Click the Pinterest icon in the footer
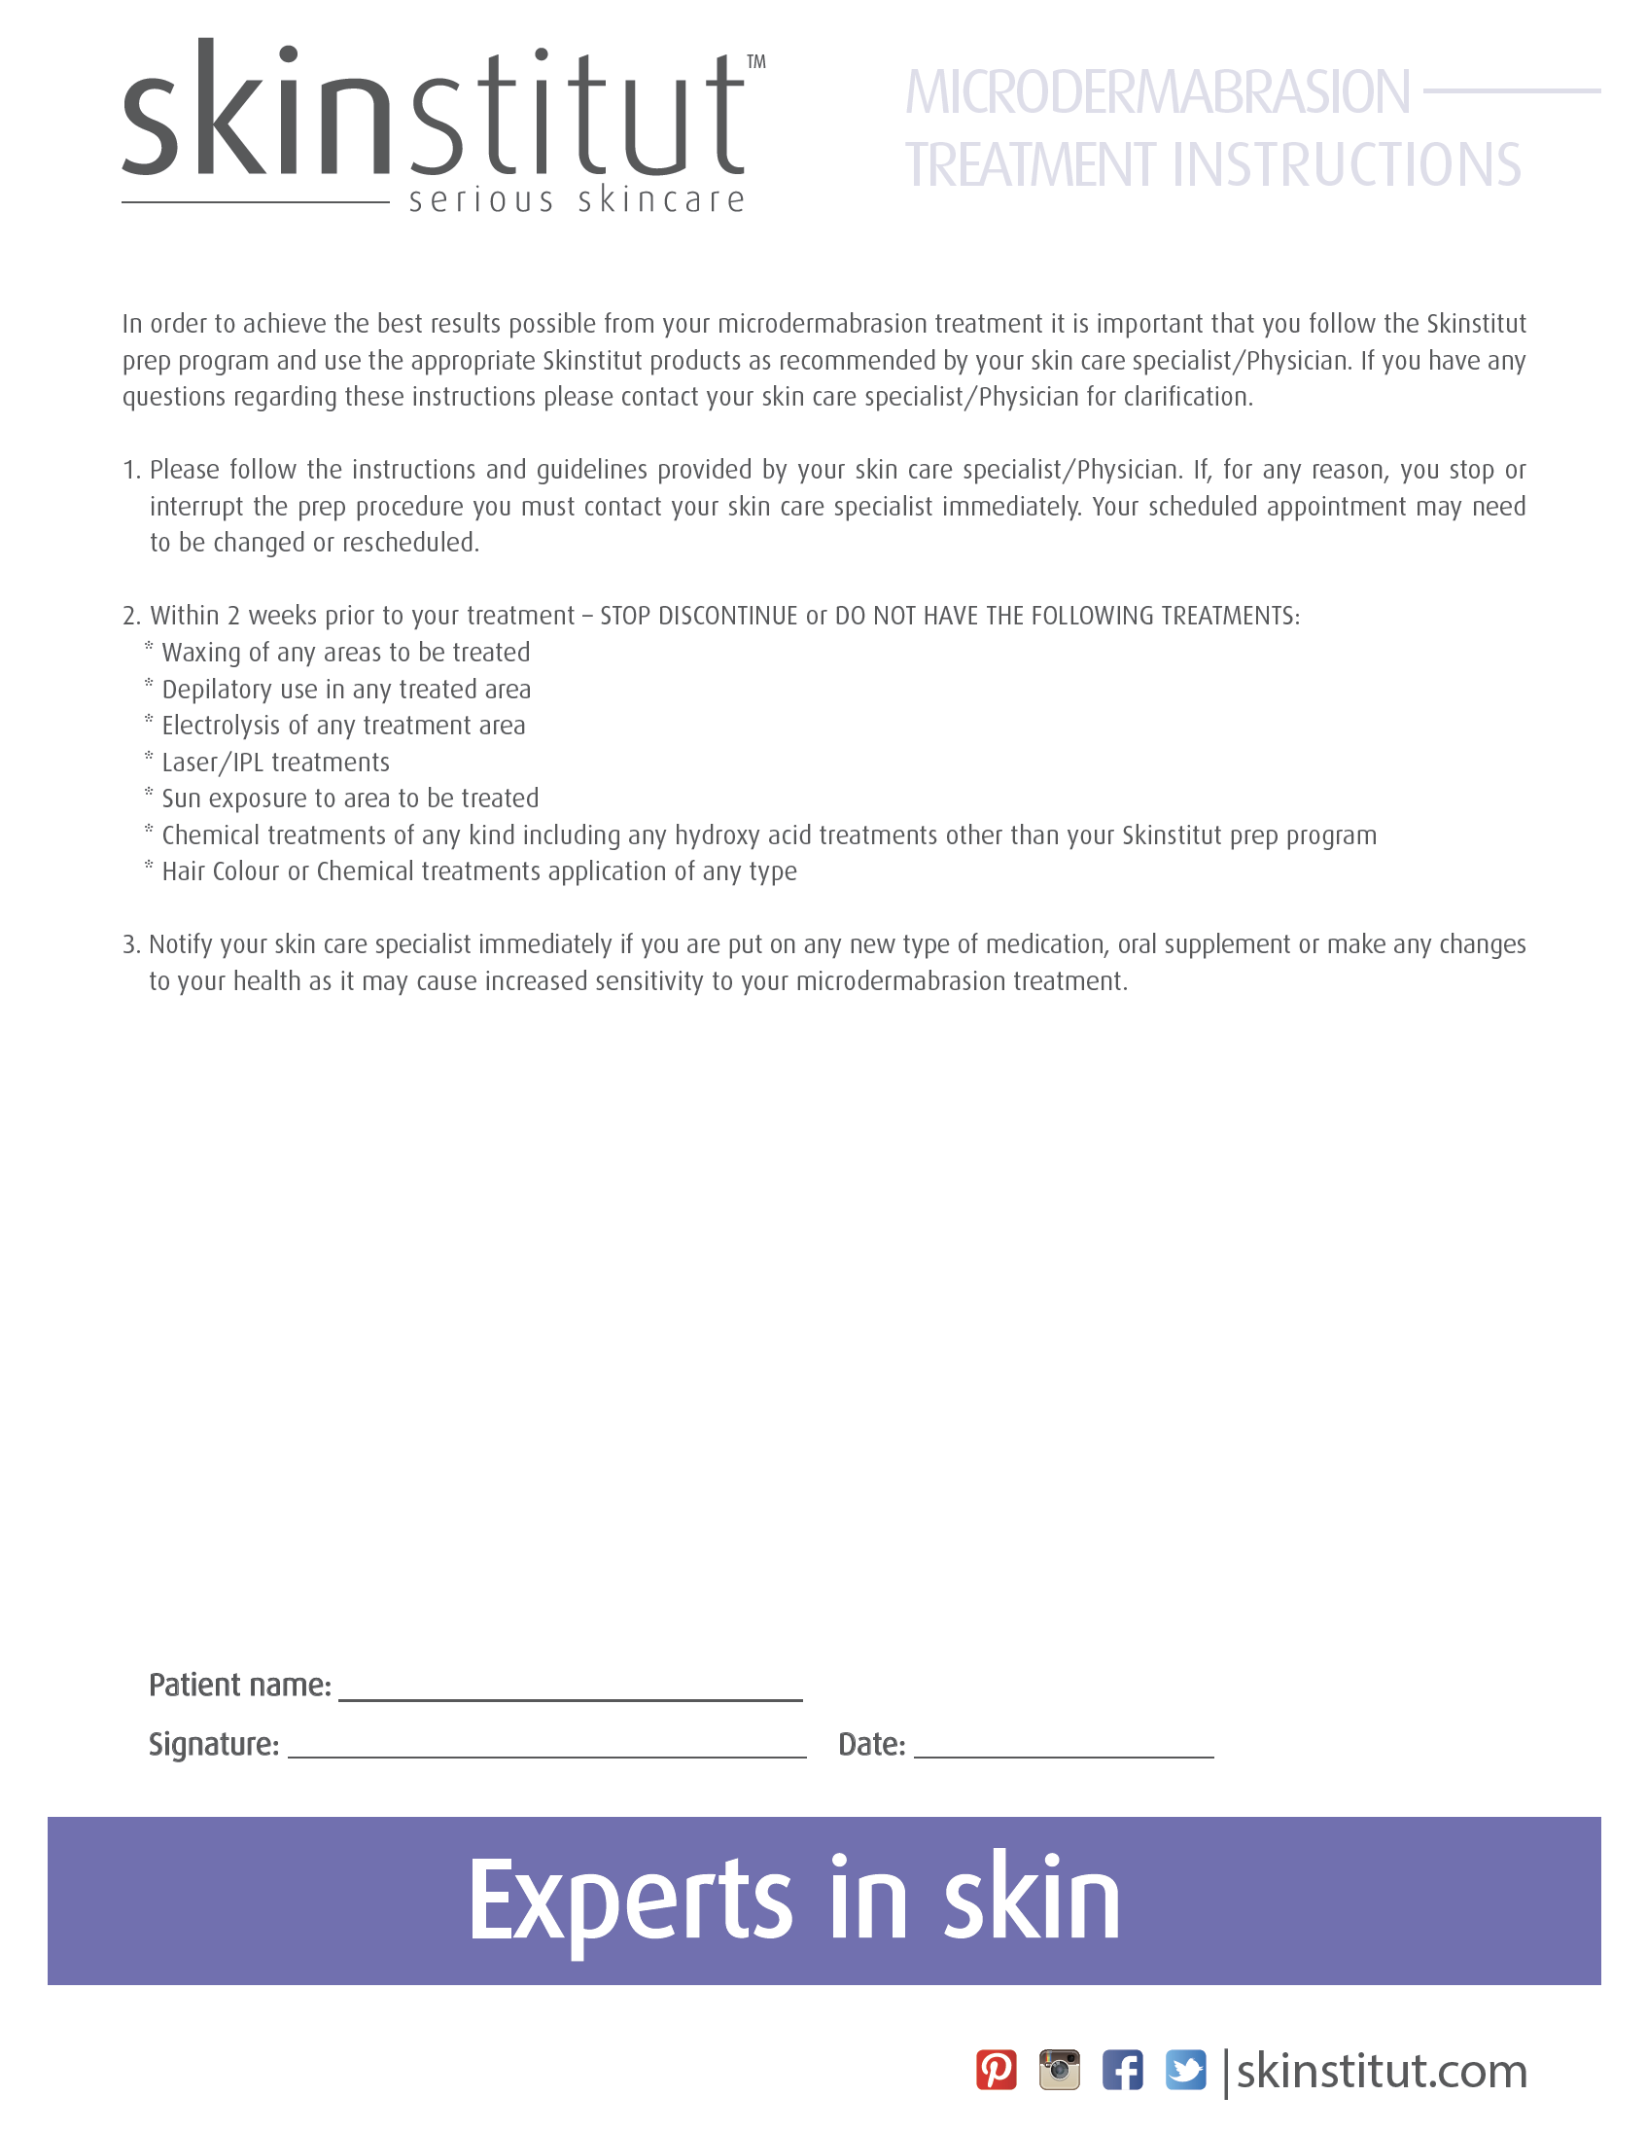click(997, 2070)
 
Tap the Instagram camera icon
click(1059, 2070)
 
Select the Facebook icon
click(1122, 2070)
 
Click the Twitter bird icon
click(1185, 2070)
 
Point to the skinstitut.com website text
click(1381, 2072)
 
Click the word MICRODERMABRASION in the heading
click(1157, 92)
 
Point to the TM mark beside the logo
click(756, 62)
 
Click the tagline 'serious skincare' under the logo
click(577, 200)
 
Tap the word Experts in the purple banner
click(630, 1900)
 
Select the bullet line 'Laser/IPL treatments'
click(275, 763)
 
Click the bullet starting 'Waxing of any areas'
click(345, 652)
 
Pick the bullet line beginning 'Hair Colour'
click(478, 871)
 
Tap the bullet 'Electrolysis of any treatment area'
click(342, 726)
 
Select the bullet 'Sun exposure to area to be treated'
click(349, 799)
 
